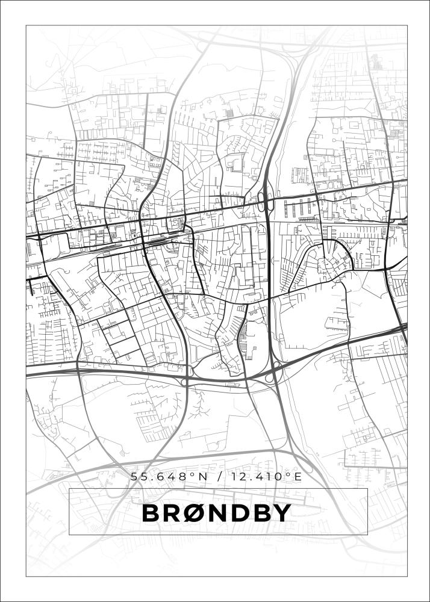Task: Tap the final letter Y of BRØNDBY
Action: coord(283,513)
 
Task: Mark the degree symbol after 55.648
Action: coord(193,474)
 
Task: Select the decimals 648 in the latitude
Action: coord(173,477)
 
